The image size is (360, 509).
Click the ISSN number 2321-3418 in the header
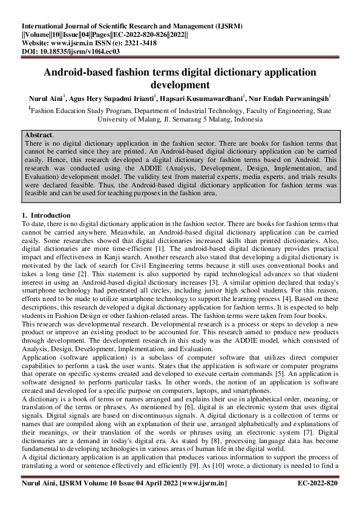point(140,44)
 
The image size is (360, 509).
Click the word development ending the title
point(180,85)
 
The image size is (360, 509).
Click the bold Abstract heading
point(39,134)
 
